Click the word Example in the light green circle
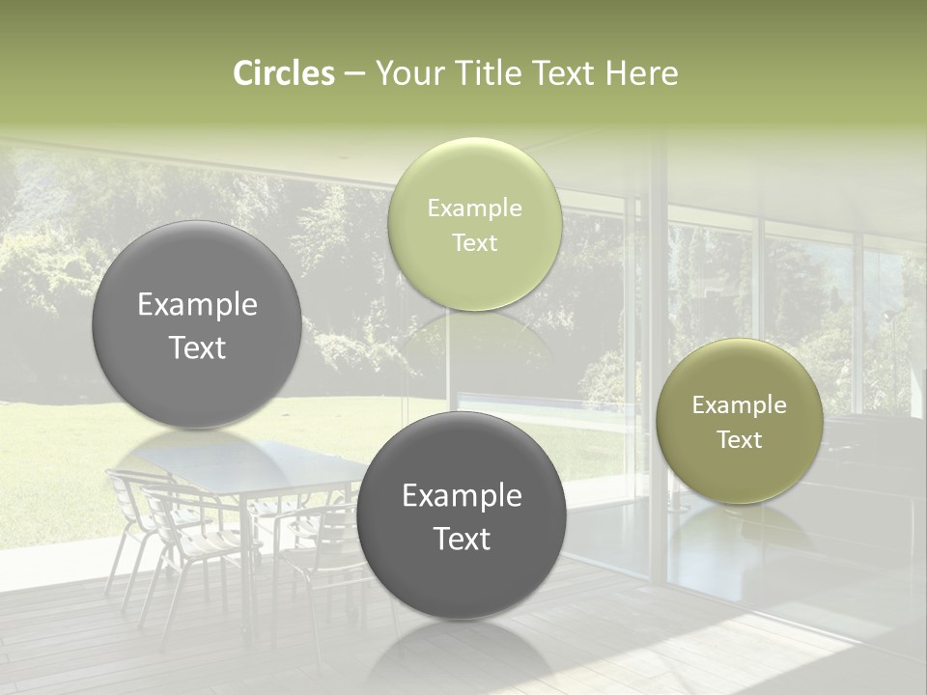[x=474, y=208]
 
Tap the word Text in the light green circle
[x=474, y=243]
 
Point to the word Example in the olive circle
[x=739, y=405]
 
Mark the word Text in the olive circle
[x=739, y=440]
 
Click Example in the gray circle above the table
[x=197, y=305]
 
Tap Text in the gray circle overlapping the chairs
[x=462, y=539]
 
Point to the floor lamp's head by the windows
[x=885, y=315]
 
